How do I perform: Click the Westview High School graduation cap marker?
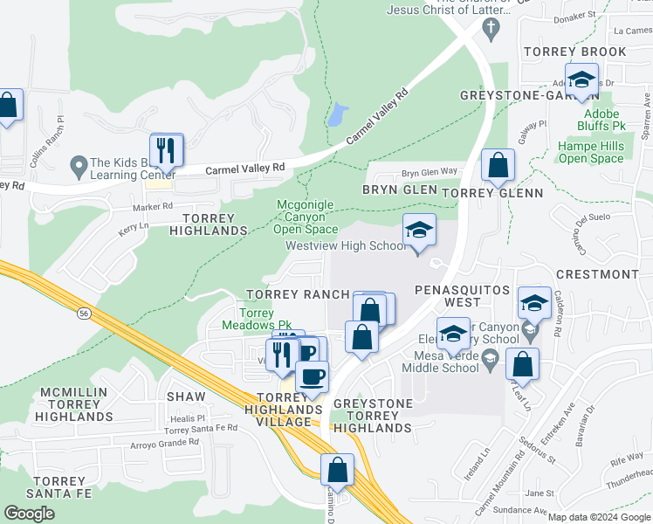tap(419, 232)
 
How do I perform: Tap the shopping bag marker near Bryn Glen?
tap(498, 166)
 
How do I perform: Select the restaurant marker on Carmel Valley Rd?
tap(166, 151)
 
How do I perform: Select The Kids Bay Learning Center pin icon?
tap(79, 163)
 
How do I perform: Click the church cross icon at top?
tap(491, 29)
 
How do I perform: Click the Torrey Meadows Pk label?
tap(265, 319)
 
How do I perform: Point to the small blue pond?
tap(337, 114)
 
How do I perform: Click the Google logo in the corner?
tap(29, 514)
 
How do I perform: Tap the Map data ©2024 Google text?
tap(599, 517)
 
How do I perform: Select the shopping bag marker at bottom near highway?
tap(337, 472)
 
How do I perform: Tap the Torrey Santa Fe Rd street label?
tap(203, 427)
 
